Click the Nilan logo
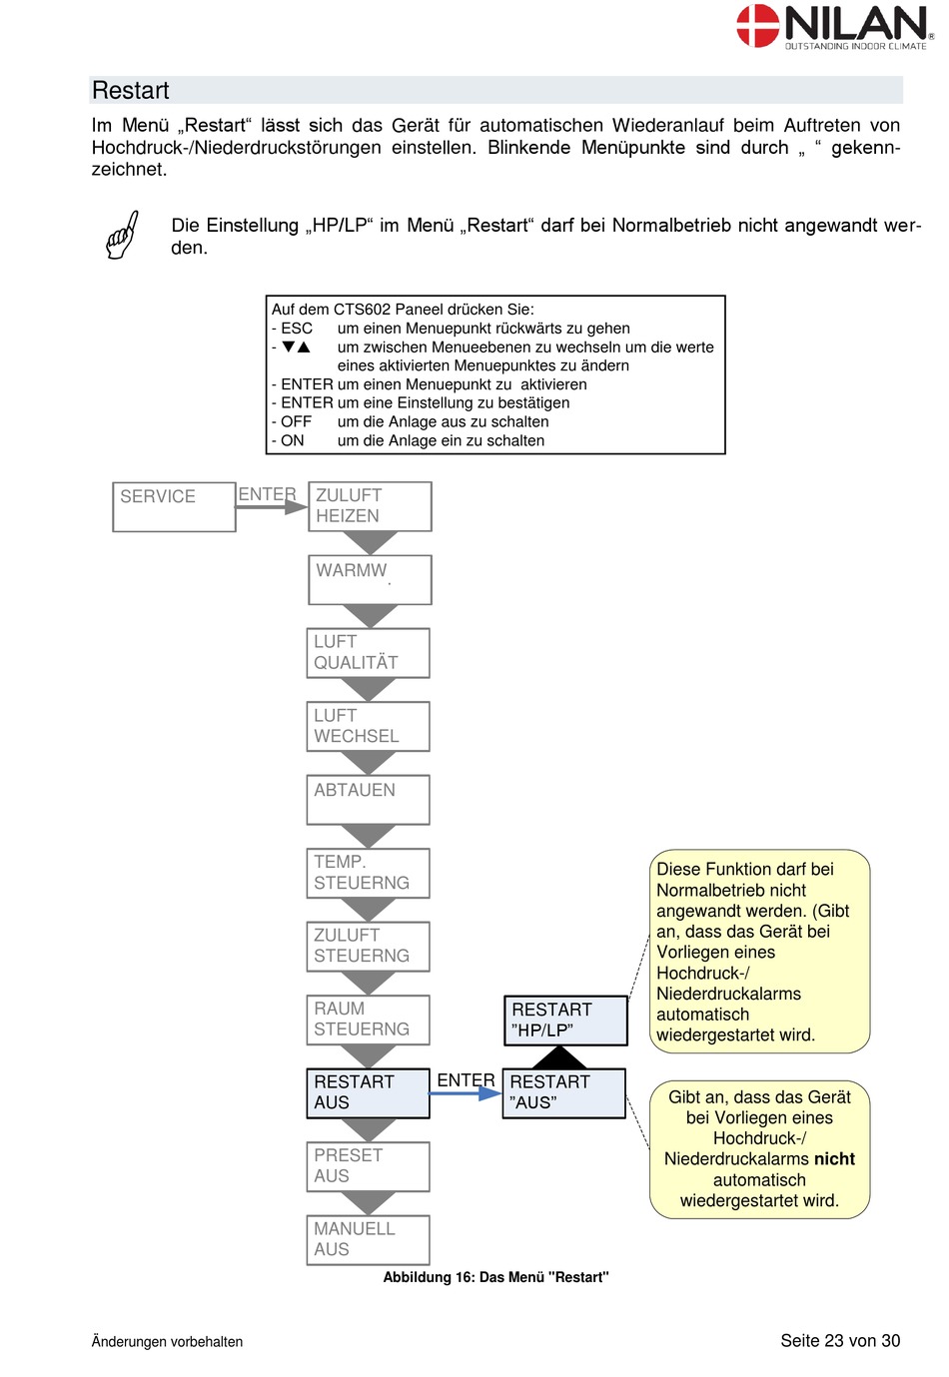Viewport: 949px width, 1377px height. point(834,26)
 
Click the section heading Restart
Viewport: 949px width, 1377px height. point(131,90)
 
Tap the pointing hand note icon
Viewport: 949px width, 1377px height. point(122,235)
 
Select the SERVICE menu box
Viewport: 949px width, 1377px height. point(174,506)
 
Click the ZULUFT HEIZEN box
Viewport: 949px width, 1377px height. point(370,506)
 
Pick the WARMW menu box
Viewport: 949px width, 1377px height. point(370,580)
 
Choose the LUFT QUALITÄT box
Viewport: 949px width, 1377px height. point(368,653)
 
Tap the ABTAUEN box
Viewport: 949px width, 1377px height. point(368,800)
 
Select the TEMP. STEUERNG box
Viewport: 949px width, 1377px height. point(368,873)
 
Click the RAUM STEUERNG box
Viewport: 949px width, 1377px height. point(368,1020)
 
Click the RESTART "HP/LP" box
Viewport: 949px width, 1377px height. point(565,1021)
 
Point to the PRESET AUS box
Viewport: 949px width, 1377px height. point(368,1166)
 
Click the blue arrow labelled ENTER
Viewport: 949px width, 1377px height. point(466,1093)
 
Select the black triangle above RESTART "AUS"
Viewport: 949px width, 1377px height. point(558,1057)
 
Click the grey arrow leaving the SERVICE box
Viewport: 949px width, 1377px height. point(272,507)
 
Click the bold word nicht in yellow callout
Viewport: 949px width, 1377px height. point(834,1158)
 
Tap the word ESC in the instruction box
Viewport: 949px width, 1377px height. point(297,329)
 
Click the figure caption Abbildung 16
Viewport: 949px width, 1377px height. point(495,1277)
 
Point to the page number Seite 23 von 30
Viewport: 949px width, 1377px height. point(840,1341)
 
